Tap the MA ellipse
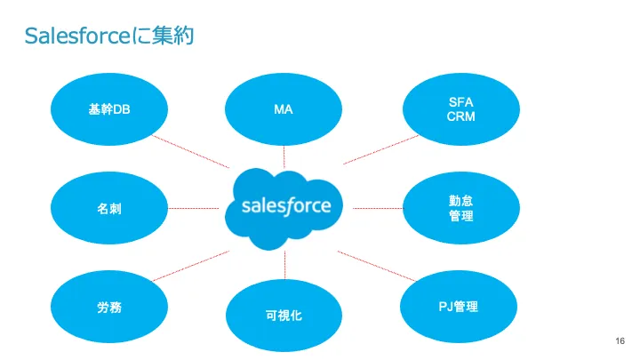click(x=284, y=109)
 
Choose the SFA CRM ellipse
click(x=461, y=109)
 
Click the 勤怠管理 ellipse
click(x=461, y=208)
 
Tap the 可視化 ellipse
click(x=284, y=314)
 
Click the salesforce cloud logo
click(x=285, y=206)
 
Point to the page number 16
click(x=620, y=341)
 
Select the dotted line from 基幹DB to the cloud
click(x=191, y=150)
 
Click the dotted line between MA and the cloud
click(x=284, y=157)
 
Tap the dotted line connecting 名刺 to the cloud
click(x=193, y=208)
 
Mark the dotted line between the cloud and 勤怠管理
click(x=377, y=208)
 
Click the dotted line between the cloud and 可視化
click(x=284, y=263)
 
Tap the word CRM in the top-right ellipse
click(x=461, y=118)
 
